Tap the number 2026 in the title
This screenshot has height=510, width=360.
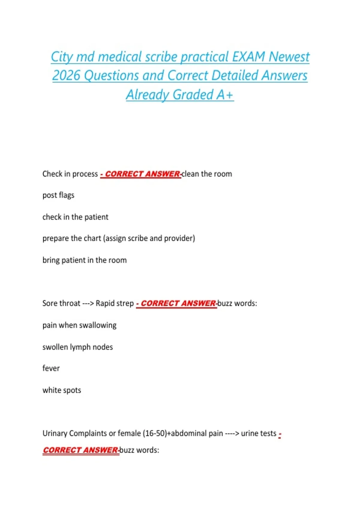(66, 76)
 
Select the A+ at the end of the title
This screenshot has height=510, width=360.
(225, 95)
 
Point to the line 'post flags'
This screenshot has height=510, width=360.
(58, 195)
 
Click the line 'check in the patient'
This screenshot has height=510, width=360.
(75, 217)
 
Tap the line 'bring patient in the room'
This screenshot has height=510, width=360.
(84, 260)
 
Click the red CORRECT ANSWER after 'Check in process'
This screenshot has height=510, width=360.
(142, 174)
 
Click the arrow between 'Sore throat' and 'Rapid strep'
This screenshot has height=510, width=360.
(88, 303)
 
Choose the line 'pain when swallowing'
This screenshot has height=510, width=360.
(79, 325)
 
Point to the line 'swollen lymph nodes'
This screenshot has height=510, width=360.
(77, 347)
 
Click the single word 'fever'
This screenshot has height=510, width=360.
(51, 368)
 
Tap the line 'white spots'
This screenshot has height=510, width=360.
(61, 390)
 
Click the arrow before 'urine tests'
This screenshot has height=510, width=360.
(232, 433)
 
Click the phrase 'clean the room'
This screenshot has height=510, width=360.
(207, 174)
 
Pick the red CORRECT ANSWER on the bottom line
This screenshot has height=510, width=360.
(80, 450)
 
